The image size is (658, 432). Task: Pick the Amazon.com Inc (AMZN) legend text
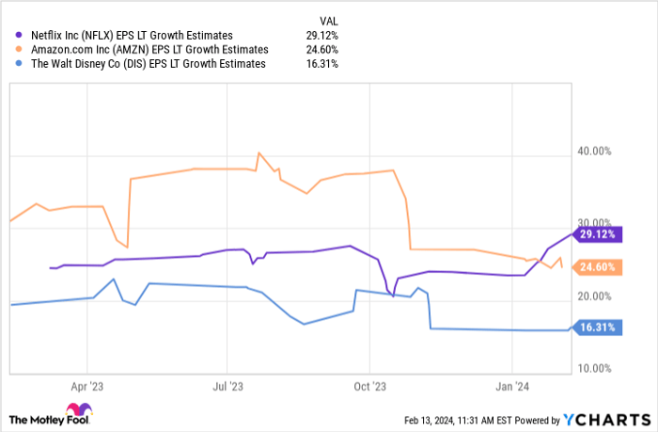[150, 49]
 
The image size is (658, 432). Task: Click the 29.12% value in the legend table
[320, 35]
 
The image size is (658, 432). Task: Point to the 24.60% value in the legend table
[320, 49]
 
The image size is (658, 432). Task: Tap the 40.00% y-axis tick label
[593, 152]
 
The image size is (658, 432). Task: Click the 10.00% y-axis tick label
[593, 368]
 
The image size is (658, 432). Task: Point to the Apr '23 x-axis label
[86, 386]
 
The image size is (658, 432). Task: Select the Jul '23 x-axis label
[227, 386]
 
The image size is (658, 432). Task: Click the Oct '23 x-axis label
[369, 386]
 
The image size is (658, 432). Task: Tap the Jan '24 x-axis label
[512, 386]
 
